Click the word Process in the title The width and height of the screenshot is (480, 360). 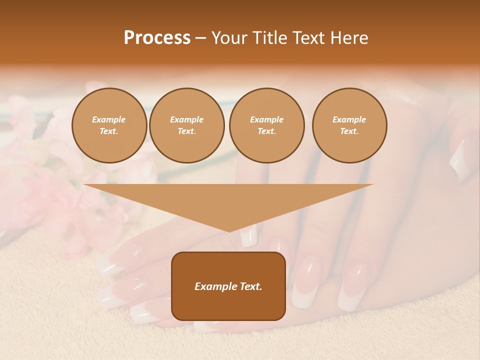click(157, 38)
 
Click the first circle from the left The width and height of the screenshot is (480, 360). click(109, 125)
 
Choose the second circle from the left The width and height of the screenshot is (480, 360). click(186, 125)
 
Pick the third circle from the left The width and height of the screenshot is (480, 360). click(266, 125)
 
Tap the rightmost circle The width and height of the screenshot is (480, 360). click(349, 125)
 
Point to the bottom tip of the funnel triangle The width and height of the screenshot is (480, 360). click(229, 231)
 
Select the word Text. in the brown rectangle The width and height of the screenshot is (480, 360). click(249, 286)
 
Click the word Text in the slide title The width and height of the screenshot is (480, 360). click(309, 38)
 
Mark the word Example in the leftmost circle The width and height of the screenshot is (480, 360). click(109, 119)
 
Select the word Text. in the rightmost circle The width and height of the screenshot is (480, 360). click(349, 131)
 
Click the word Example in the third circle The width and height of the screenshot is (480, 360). click(266, 119)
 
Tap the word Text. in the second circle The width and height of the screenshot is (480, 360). click(186, 131)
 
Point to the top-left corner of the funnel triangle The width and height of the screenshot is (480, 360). click(84, 184)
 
